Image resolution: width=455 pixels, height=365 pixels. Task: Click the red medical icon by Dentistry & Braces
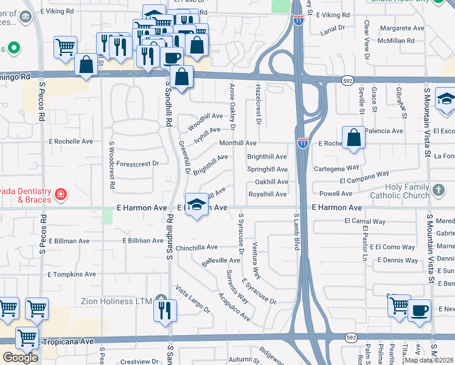[60, 195]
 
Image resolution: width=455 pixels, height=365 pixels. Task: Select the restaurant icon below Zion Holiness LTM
[165, 311]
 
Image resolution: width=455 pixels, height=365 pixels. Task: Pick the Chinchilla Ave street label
[196, 248]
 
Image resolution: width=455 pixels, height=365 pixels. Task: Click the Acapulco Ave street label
[234, 307]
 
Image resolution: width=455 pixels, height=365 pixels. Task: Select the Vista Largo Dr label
[192, 299]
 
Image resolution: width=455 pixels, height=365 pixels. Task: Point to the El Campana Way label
[364, 178]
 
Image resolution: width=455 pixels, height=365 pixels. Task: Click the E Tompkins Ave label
[72, 274]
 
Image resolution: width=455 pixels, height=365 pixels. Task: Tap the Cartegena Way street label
[336, 168]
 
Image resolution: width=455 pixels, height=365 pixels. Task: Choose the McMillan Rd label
[395, 40]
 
